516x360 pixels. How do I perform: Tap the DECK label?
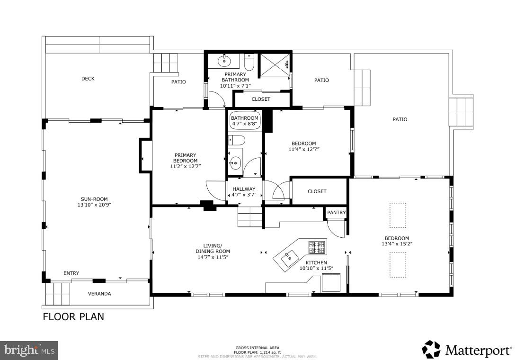pos(88,79)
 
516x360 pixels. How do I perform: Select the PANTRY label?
pos(336,213)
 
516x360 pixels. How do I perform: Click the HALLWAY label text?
pos(244,189)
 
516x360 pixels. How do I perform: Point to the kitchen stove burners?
pos(317,247)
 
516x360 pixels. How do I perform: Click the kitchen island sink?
pos(287,258)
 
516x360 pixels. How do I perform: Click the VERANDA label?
pos(99,294)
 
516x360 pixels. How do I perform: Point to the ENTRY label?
pos(71,273)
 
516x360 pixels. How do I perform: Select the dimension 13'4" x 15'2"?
pos(396,244)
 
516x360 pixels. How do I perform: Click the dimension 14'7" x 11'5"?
pos(213,257)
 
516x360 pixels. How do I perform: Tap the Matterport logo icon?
pos(431,350)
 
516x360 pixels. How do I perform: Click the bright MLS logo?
pos(29,351)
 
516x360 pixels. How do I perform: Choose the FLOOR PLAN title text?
pos(73,317)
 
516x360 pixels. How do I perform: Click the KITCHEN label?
pos(316,262)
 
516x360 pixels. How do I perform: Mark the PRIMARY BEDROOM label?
pos(185,158)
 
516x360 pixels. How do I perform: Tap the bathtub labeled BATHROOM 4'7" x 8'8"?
pos(245,121)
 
